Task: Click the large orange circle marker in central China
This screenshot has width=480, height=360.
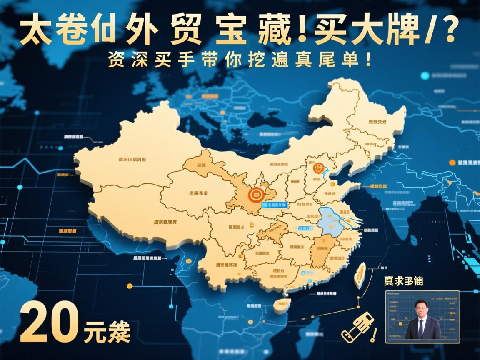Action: [255, 194]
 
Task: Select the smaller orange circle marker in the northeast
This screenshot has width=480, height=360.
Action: [319, 168]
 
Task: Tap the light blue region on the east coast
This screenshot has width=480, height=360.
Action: [331, 221]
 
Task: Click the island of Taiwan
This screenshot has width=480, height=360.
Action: [359, 275]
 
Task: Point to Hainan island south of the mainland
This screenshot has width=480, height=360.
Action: [282, 305]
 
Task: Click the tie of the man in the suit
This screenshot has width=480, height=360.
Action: [421, 327]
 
